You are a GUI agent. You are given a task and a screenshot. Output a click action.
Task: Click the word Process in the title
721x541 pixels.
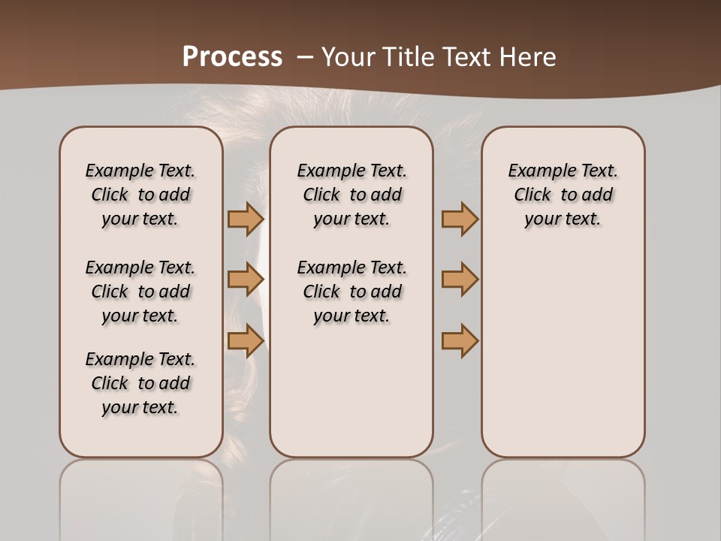[232, 57]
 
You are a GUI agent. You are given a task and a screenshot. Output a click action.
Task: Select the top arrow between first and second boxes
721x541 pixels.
[245, 219]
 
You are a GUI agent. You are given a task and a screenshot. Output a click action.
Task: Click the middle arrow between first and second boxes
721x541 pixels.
[245, 280]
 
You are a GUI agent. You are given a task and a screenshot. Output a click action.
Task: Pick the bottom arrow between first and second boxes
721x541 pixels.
[245, 340]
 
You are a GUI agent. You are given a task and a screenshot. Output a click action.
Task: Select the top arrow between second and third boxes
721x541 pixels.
[460, 219]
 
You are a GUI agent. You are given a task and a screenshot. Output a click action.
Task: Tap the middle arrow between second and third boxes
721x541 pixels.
[460, 280]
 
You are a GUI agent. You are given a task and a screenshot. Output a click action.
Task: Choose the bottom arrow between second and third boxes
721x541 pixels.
[460, 340]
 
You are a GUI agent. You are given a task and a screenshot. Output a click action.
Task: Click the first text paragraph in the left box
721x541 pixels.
[140, 195]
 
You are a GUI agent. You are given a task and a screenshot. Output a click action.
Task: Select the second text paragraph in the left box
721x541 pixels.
[140, 292]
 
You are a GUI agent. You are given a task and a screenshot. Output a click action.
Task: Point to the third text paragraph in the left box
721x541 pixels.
[140, 383]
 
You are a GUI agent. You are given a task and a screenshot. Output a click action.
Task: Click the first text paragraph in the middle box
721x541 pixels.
[351, 195]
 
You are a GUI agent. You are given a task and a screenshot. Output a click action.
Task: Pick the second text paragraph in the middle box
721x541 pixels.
[351, 292]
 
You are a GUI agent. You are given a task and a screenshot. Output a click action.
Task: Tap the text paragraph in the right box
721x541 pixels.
[563, 195]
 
